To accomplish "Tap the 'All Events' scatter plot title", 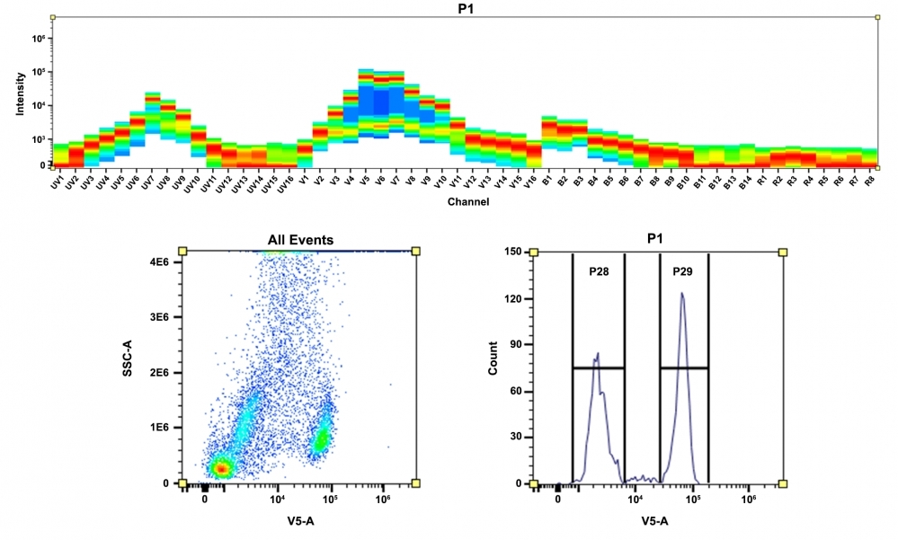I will [x=300, y=240].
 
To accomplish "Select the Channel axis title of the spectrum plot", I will [x=467, y=202].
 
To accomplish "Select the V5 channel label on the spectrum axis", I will [x=363, y=181].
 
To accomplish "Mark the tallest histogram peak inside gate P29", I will [x=682, y=293].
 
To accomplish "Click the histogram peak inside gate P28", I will [x=597, y=355].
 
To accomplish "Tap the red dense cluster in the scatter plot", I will [x=220, y=467].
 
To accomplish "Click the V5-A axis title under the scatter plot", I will [x=300, y=520].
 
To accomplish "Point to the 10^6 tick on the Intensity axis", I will [x=40, y=39].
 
